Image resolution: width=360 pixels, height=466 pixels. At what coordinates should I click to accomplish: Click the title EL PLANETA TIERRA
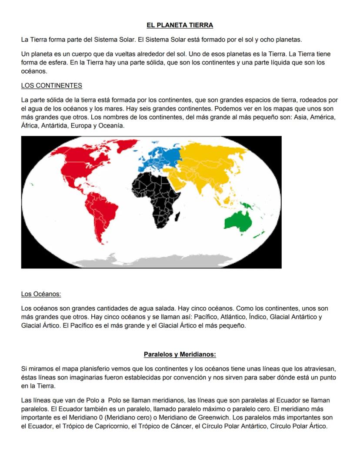click(x=180, y=25)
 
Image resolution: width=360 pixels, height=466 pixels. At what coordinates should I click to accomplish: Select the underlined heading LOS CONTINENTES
click(x=51, y=85)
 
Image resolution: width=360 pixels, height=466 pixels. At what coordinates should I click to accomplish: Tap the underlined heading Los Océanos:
click(x=41, y=294)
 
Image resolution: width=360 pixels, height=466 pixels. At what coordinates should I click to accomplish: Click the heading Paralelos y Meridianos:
click(x=180, y=354)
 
